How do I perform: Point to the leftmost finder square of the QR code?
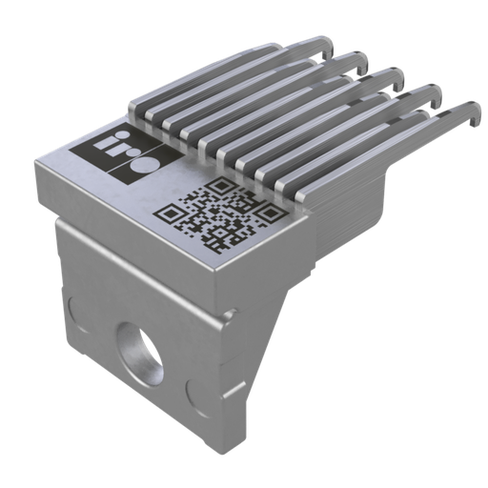click(x=172, y=217)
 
